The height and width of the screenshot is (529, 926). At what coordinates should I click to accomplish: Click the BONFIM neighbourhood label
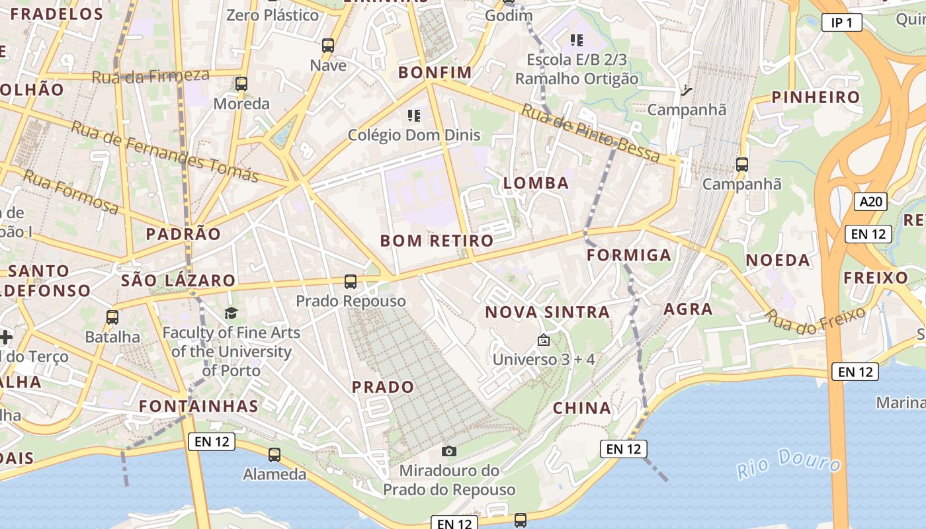435,72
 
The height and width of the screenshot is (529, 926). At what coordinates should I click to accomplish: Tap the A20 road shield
870,202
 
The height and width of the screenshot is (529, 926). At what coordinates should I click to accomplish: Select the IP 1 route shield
841,23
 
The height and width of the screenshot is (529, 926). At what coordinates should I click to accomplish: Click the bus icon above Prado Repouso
351,282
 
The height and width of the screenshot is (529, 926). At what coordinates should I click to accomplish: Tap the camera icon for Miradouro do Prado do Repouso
449,451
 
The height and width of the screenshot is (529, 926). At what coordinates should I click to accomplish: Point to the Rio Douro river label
788,463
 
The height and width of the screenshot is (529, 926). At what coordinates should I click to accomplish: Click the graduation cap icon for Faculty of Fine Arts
231,313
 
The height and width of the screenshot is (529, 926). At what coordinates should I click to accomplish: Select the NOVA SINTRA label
548,312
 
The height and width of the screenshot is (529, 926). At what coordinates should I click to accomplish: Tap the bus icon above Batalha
112,317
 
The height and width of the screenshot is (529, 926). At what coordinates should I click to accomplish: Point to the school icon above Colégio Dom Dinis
414,116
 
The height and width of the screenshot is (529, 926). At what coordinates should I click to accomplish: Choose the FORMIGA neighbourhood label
629,255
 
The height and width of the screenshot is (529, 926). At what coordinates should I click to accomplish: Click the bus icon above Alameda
274,455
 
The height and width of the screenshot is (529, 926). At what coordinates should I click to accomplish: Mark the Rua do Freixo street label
816,319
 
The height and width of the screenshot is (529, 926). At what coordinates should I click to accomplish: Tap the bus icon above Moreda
241,84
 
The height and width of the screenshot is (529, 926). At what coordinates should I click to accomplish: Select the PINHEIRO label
816,97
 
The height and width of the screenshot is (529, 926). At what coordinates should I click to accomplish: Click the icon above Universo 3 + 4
544,341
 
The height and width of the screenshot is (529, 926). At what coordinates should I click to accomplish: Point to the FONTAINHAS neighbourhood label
198,406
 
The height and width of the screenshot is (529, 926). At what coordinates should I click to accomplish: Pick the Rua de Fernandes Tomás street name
164,151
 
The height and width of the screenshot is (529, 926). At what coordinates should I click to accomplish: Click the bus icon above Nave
328,46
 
